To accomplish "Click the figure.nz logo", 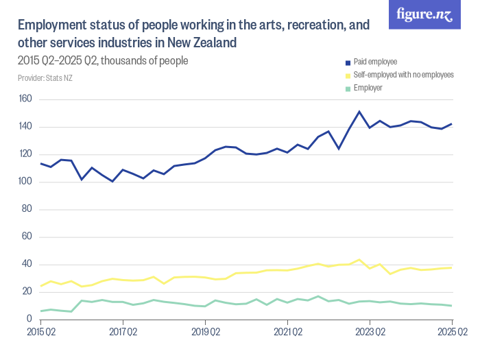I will click(424, 14).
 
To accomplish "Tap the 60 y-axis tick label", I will click(27, 237).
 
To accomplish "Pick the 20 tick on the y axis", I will click(27, 292).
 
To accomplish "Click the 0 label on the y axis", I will click(29, 320).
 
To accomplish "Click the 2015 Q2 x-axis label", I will click(40, 333).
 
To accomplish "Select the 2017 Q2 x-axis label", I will click(123, 333).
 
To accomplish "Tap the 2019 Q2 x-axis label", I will click(205, 333).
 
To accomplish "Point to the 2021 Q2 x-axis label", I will click(287, 333).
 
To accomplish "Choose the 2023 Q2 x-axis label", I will click(370, 333).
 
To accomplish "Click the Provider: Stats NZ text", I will click(45, 78).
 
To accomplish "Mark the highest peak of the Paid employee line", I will click(359, 111).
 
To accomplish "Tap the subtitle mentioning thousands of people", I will click(102, 60).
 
